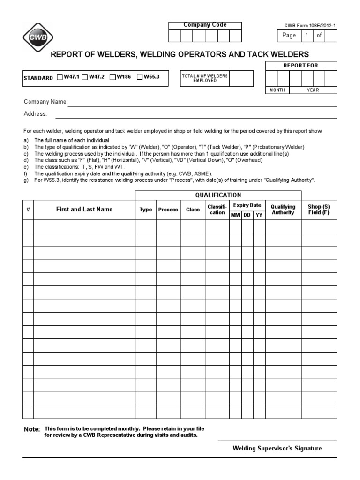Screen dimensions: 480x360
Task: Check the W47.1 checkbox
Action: click(x=60, y=77)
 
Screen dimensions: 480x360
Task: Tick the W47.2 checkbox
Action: click(x=85, y=77)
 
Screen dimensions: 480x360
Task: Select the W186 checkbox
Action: click(x=112, y=77)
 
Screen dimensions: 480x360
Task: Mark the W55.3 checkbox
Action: click(x=140, y=77)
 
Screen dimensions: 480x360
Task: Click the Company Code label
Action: click(x=205, y=25)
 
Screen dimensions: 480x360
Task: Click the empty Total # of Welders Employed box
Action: click(x=241, y=78)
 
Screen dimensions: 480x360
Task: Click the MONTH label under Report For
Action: click(x=277, y=90)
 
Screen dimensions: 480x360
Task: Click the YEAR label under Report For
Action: click(x=313, y=90)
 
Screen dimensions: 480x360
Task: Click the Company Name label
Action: click(x=45, y=102)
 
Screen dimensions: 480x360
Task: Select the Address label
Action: click(x=35, y=114)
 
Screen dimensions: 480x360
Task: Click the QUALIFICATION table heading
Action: click(x=218, y=195)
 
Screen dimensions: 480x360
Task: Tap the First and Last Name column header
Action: click(x=84, y=210)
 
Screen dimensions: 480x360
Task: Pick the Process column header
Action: click(x=168, y=210)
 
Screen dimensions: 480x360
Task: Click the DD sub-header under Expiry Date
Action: click(x=247, y=215)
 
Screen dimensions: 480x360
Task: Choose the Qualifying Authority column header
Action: click(x=283, y=210)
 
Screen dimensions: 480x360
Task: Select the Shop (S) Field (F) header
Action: click(x=319, y=210)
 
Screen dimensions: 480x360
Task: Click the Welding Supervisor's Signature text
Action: click(x=277, y=448)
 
